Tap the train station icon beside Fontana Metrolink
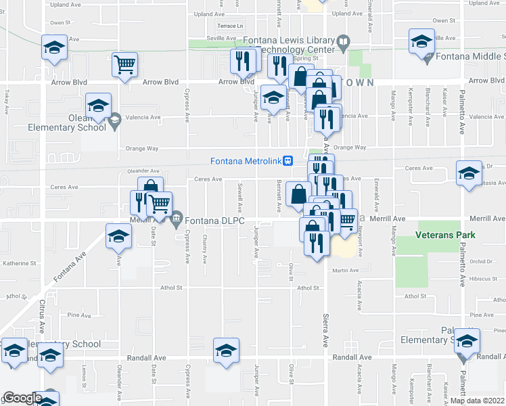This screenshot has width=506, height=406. pos(288,161)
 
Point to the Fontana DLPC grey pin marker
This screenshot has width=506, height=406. pos(177,217)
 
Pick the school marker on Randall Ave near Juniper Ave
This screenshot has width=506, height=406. pos(226,350)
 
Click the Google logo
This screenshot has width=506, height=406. pos(22,399)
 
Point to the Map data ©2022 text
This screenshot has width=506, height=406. pos(476,401)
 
